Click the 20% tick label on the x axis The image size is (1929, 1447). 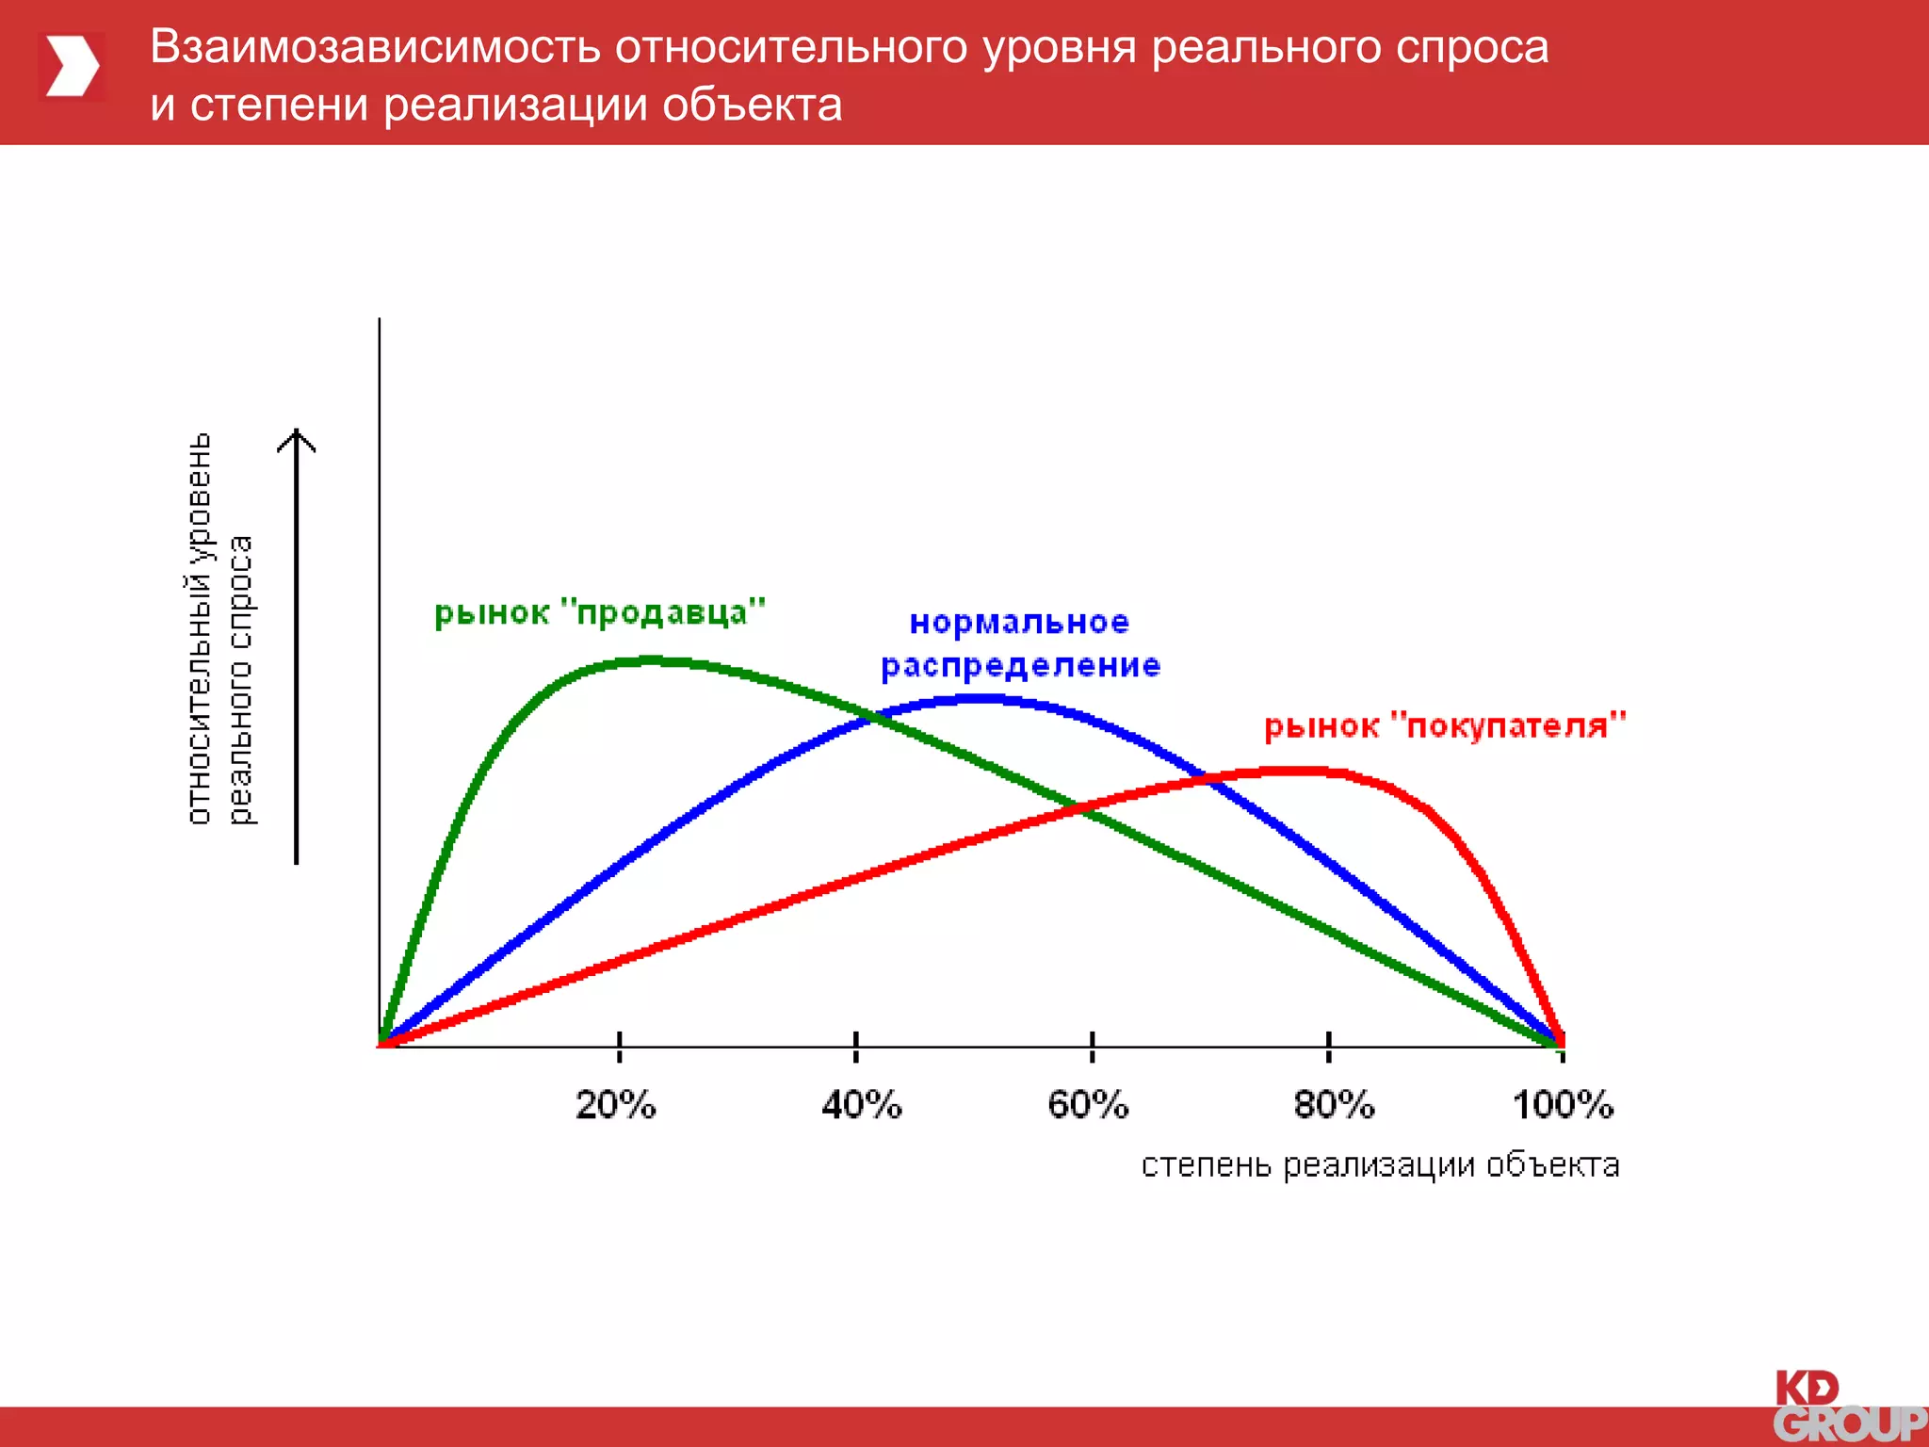pyautogui.click(x=615, y=1104)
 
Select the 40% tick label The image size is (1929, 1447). pyautogui.click(x=861, y=1104)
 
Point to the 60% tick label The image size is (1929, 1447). pyautogui.click(x=1088, y=1104)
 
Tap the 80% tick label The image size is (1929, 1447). pyautogui.click(x=1334, y=1104)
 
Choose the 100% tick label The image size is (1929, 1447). pyautogui.click(x=1563, y=1104)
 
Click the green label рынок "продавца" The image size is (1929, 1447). pyautogui.click(x=599, y=613)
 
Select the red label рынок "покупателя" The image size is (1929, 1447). pyautogui.click(x=1445, y=726)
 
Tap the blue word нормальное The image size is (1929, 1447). pyautogui.click(x=1019, y=623)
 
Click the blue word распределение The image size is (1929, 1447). pyautogui.click(x=1020, y=666)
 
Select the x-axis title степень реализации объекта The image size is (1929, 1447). pyautogui.click(x=1380, y=1165)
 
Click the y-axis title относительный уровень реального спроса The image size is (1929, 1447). pyautogui.click(x=219, y=629)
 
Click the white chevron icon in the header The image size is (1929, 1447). pyautogui.click(x=73, y=66)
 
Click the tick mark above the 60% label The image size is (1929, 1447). pyautogui.click(x=1092, y=1046)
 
